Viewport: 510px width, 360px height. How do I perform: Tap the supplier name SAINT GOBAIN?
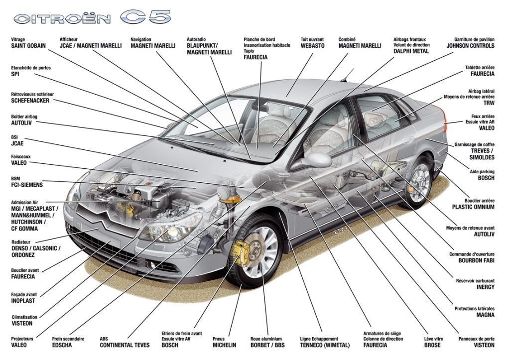(28, 46)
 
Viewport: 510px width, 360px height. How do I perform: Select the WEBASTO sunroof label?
(312, 46)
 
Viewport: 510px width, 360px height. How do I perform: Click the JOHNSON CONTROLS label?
(470, 46)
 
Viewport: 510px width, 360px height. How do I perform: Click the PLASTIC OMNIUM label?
(473, 207)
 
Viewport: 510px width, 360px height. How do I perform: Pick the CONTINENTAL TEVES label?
(125, 345)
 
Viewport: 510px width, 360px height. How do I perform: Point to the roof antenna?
(343, 78)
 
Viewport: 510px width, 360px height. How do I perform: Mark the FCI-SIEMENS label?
(27, 185)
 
